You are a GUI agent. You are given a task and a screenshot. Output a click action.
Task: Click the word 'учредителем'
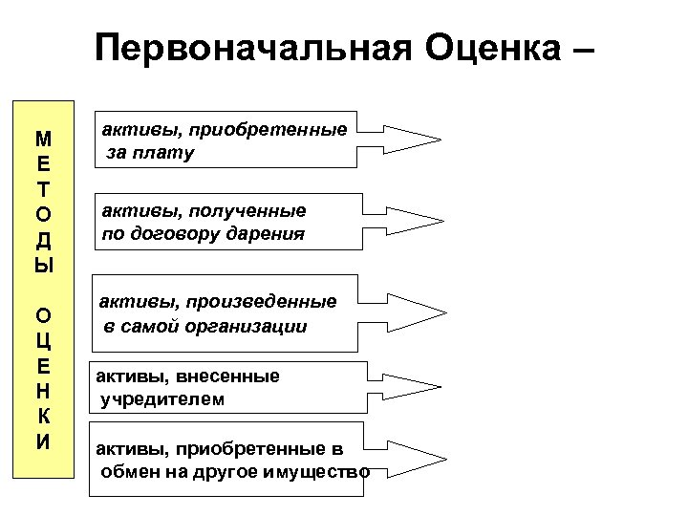coord(163,398)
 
